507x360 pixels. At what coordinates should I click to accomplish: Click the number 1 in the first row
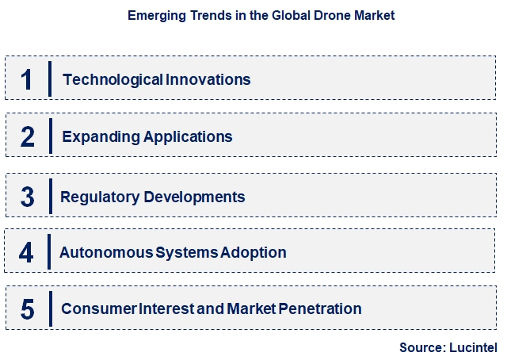27,79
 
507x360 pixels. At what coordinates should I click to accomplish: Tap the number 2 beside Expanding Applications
28,137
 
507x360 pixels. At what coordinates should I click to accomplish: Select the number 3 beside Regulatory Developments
28,197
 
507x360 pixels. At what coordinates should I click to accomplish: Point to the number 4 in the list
27,253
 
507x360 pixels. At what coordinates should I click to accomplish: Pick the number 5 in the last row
28,309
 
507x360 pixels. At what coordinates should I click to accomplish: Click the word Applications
188,136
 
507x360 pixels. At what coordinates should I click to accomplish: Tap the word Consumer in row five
93,308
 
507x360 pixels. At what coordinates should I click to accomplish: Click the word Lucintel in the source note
473,347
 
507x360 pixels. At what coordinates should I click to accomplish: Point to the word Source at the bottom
421,347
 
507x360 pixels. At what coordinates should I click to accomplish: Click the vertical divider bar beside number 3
51,196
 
